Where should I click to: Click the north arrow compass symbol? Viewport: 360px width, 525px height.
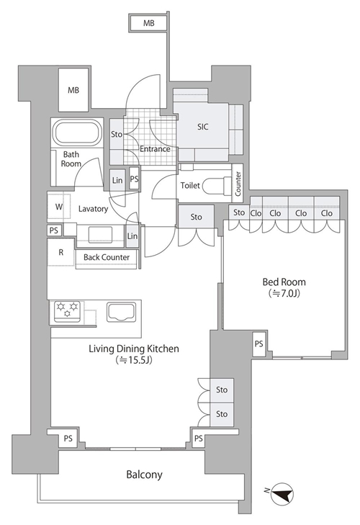coord(282,494)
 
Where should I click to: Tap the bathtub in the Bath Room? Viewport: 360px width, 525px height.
coord(77,133)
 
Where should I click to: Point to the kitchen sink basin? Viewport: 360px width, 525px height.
coord(121,312)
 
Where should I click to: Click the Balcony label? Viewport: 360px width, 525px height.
coord(144,475)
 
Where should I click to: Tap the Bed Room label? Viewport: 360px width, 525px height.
coord(284,282)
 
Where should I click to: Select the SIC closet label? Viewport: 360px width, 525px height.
coord(202,127)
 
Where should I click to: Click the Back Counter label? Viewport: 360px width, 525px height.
coord(107,257)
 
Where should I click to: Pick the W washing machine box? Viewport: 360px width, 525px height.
coord(59,207)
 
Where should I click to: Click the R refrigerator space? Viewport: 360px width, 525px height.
coord(61,252)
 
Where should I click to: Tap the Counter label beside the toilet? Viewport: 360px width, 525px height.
coord(238,184)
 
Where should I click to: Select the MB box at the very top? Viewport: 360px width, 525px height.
coord(149,23)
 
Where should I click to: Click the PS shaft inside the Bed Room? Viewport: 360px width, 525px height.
coord(259,344)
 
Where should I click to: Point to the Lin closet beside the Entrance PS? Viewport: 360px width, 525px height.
coord(117,181)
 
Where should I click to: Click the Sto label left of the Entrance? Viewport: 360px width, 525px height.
coord(117,134)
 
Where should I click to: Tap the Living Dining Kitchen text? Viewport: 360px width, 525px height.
coord(134,349)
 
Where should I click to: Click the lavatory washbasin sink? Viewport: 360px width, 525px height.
coord(100,234)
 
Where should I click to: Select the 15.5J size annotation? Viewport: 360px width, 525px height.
coord(134,360)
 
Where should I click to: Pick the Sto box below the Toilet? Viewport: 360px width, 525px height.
coord(196,217)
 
